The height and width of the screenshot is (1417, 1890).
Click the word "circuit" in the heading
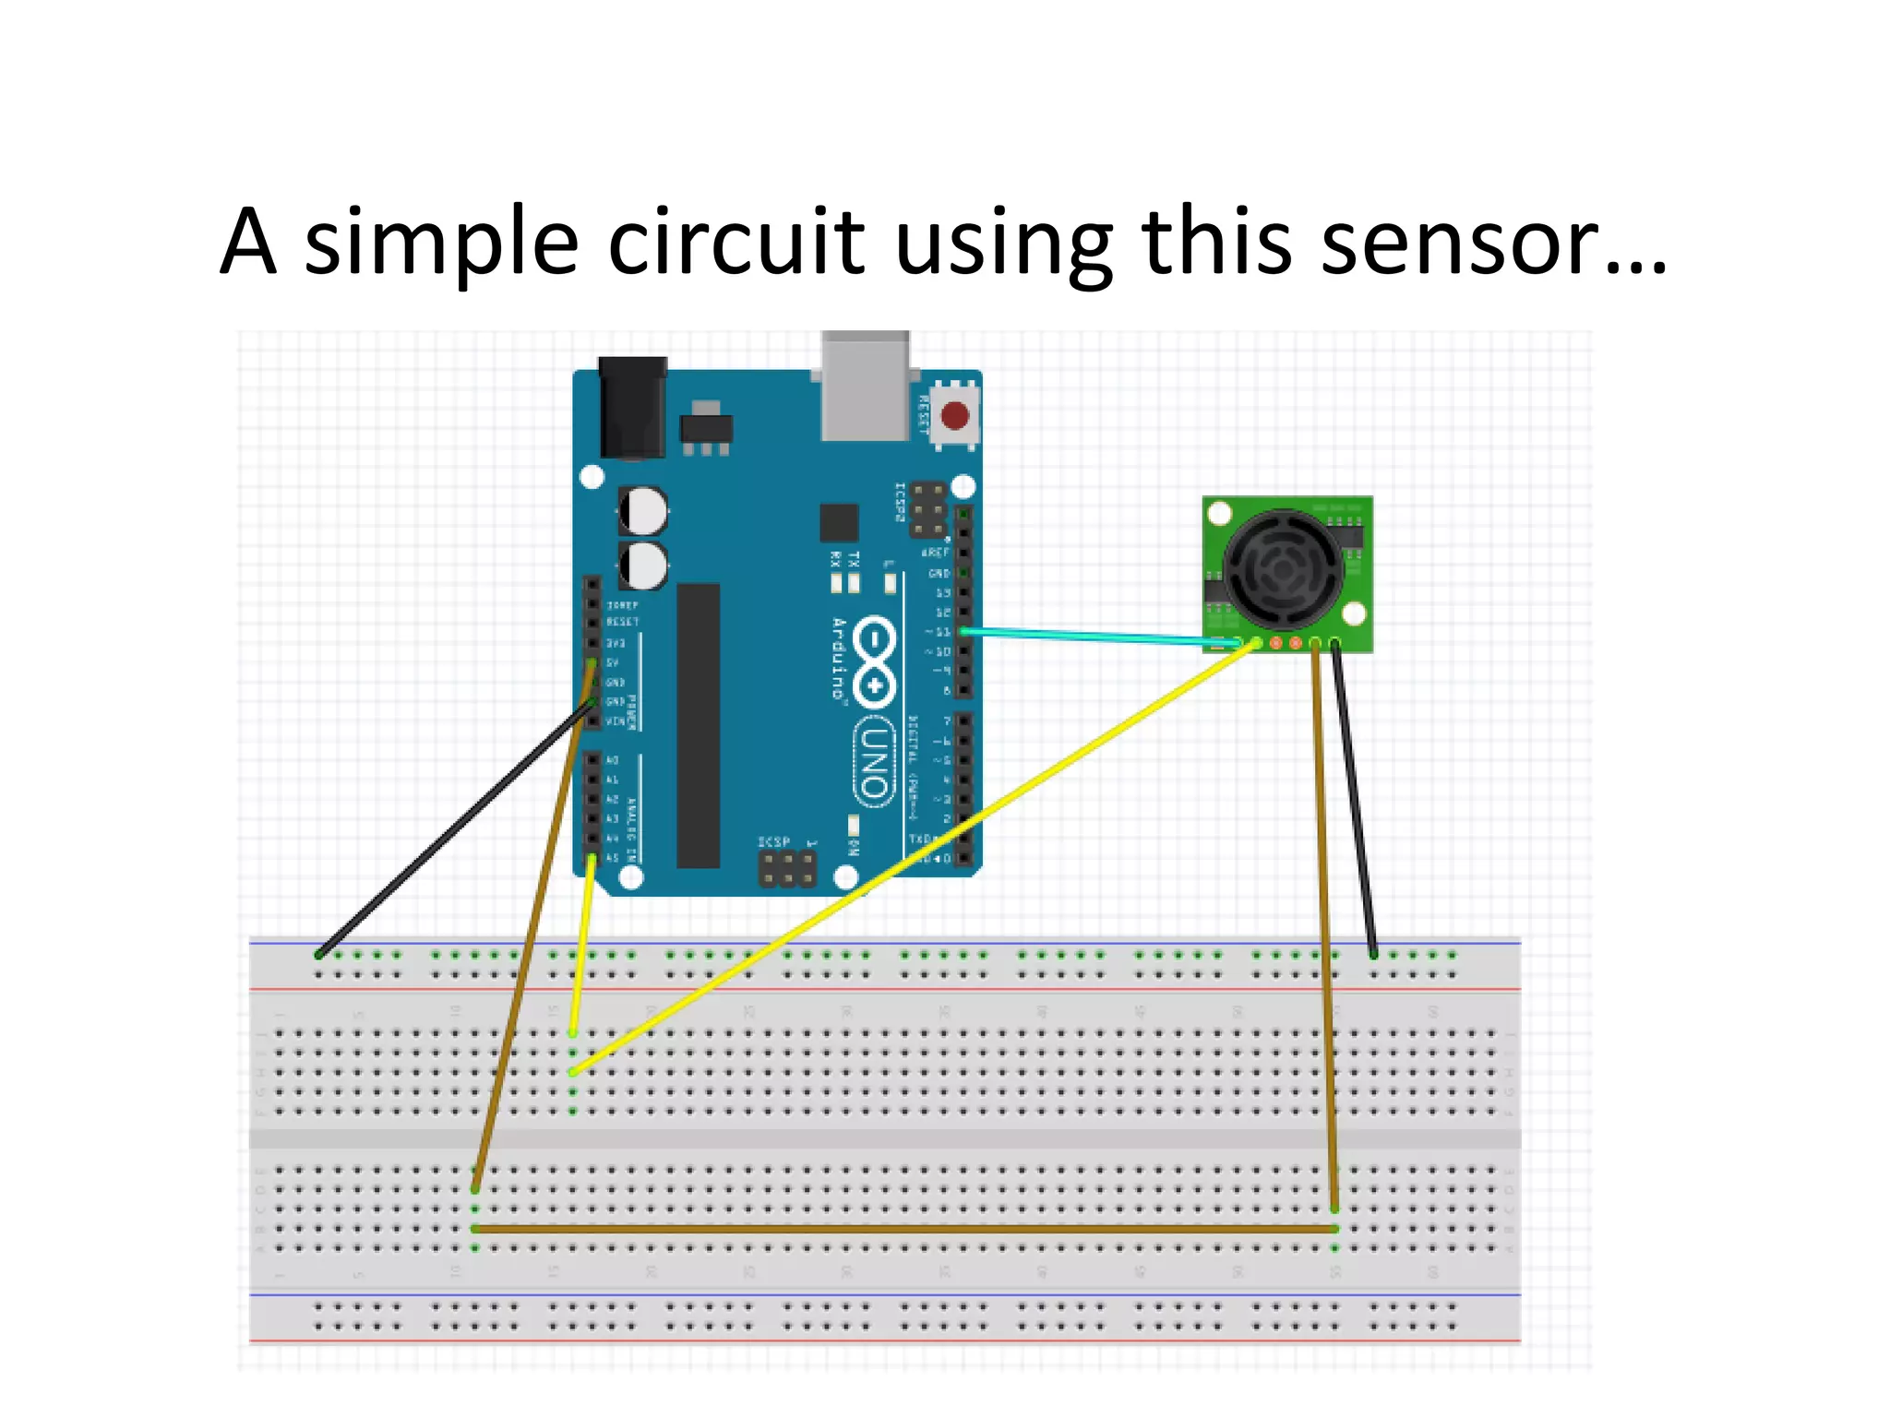click(736, 243)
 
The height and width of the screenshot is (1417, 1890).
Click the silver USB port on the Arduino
click(865, 387)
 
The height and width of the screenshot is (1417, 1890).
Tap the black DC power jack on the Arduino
click(632, 408)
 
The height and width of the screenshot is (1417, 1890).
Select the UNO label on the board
click(873, 762)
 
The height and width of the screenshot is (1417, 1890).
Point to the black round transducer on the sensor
click(1283, 570)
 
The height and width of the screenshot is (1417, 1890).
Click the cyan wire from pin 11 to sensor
click(1098, 636)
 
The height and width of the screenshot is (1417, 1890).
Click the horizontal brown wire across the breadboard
click(904, 1229)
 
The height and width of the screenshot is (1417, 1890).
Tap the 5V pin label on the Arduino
click(612, 662)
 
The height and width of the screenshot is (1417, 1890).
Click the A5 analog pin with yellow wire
click(592, 859)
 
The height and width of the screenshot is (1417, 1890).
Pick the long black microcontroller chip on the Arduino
click(698, 725)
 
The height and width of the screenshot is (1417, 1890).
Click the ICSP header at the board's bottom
click(786, 867)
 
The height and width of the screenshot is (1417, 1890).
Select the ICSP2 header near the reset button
click(927, 509)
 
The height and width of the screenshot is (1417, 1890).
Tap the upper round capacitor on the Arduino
click(642, 510)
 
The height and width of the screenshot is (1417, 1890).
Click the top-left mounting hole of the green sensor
click(1220, 513)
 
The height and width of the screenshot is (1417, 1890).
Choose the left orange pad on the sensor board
click(1276, 643)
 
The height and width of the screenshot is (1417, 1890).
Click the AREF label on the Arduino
click(935, 552)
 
